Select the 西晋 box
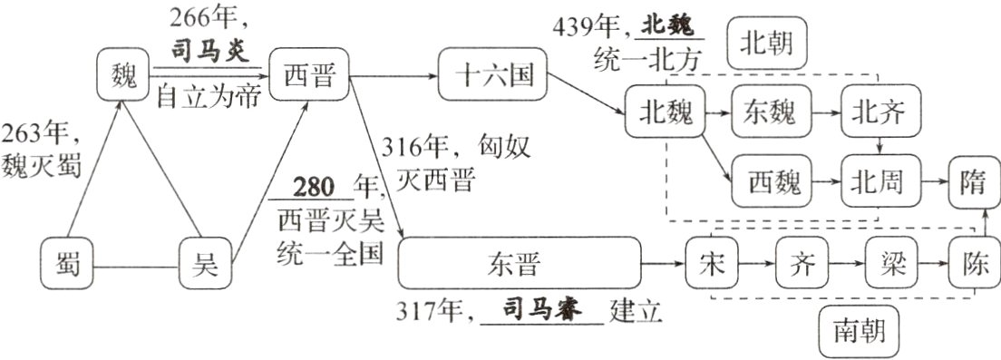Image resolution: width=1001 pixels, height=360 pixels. pyautogui.click(x=309, y=75)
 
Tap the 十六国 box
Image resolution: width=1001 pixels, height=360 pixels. pyautogui.click(x=494, y=75)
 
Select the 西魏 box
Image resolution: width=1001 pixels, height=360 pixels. pyautogui.click(x=773, y=182)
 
